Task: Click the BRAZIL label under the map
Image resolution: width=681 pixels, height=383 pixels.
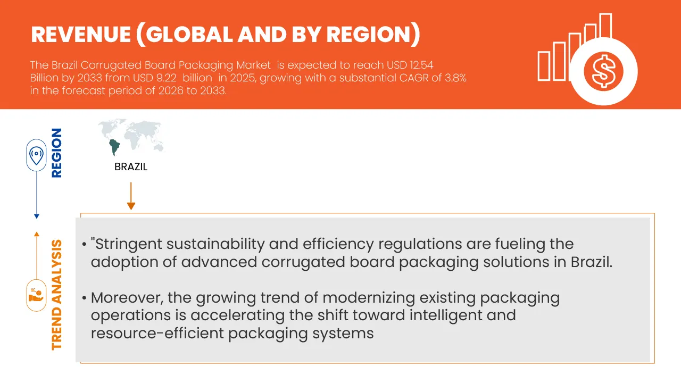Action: pyautogui.click(x=131, y=167)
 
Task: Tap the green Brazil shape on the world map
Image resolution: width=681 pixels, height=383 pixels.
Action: pyautogui.click(x=114, y=146)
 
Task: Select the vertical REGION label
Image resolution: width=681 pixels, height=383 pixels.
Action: pyautogui.click(x=56, y=153)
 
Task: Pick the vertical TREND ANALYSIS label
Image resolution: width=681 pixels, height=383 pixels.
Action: pyautogui.click(x=56, y=295)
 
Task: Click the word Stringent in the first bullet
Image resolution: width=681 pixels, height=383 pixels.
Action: pyautogui.click(x=129, y=244)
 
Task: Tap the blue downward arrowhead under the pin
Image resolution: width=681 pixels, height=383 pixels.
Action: pyautogui.click(x=36, y=216)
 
